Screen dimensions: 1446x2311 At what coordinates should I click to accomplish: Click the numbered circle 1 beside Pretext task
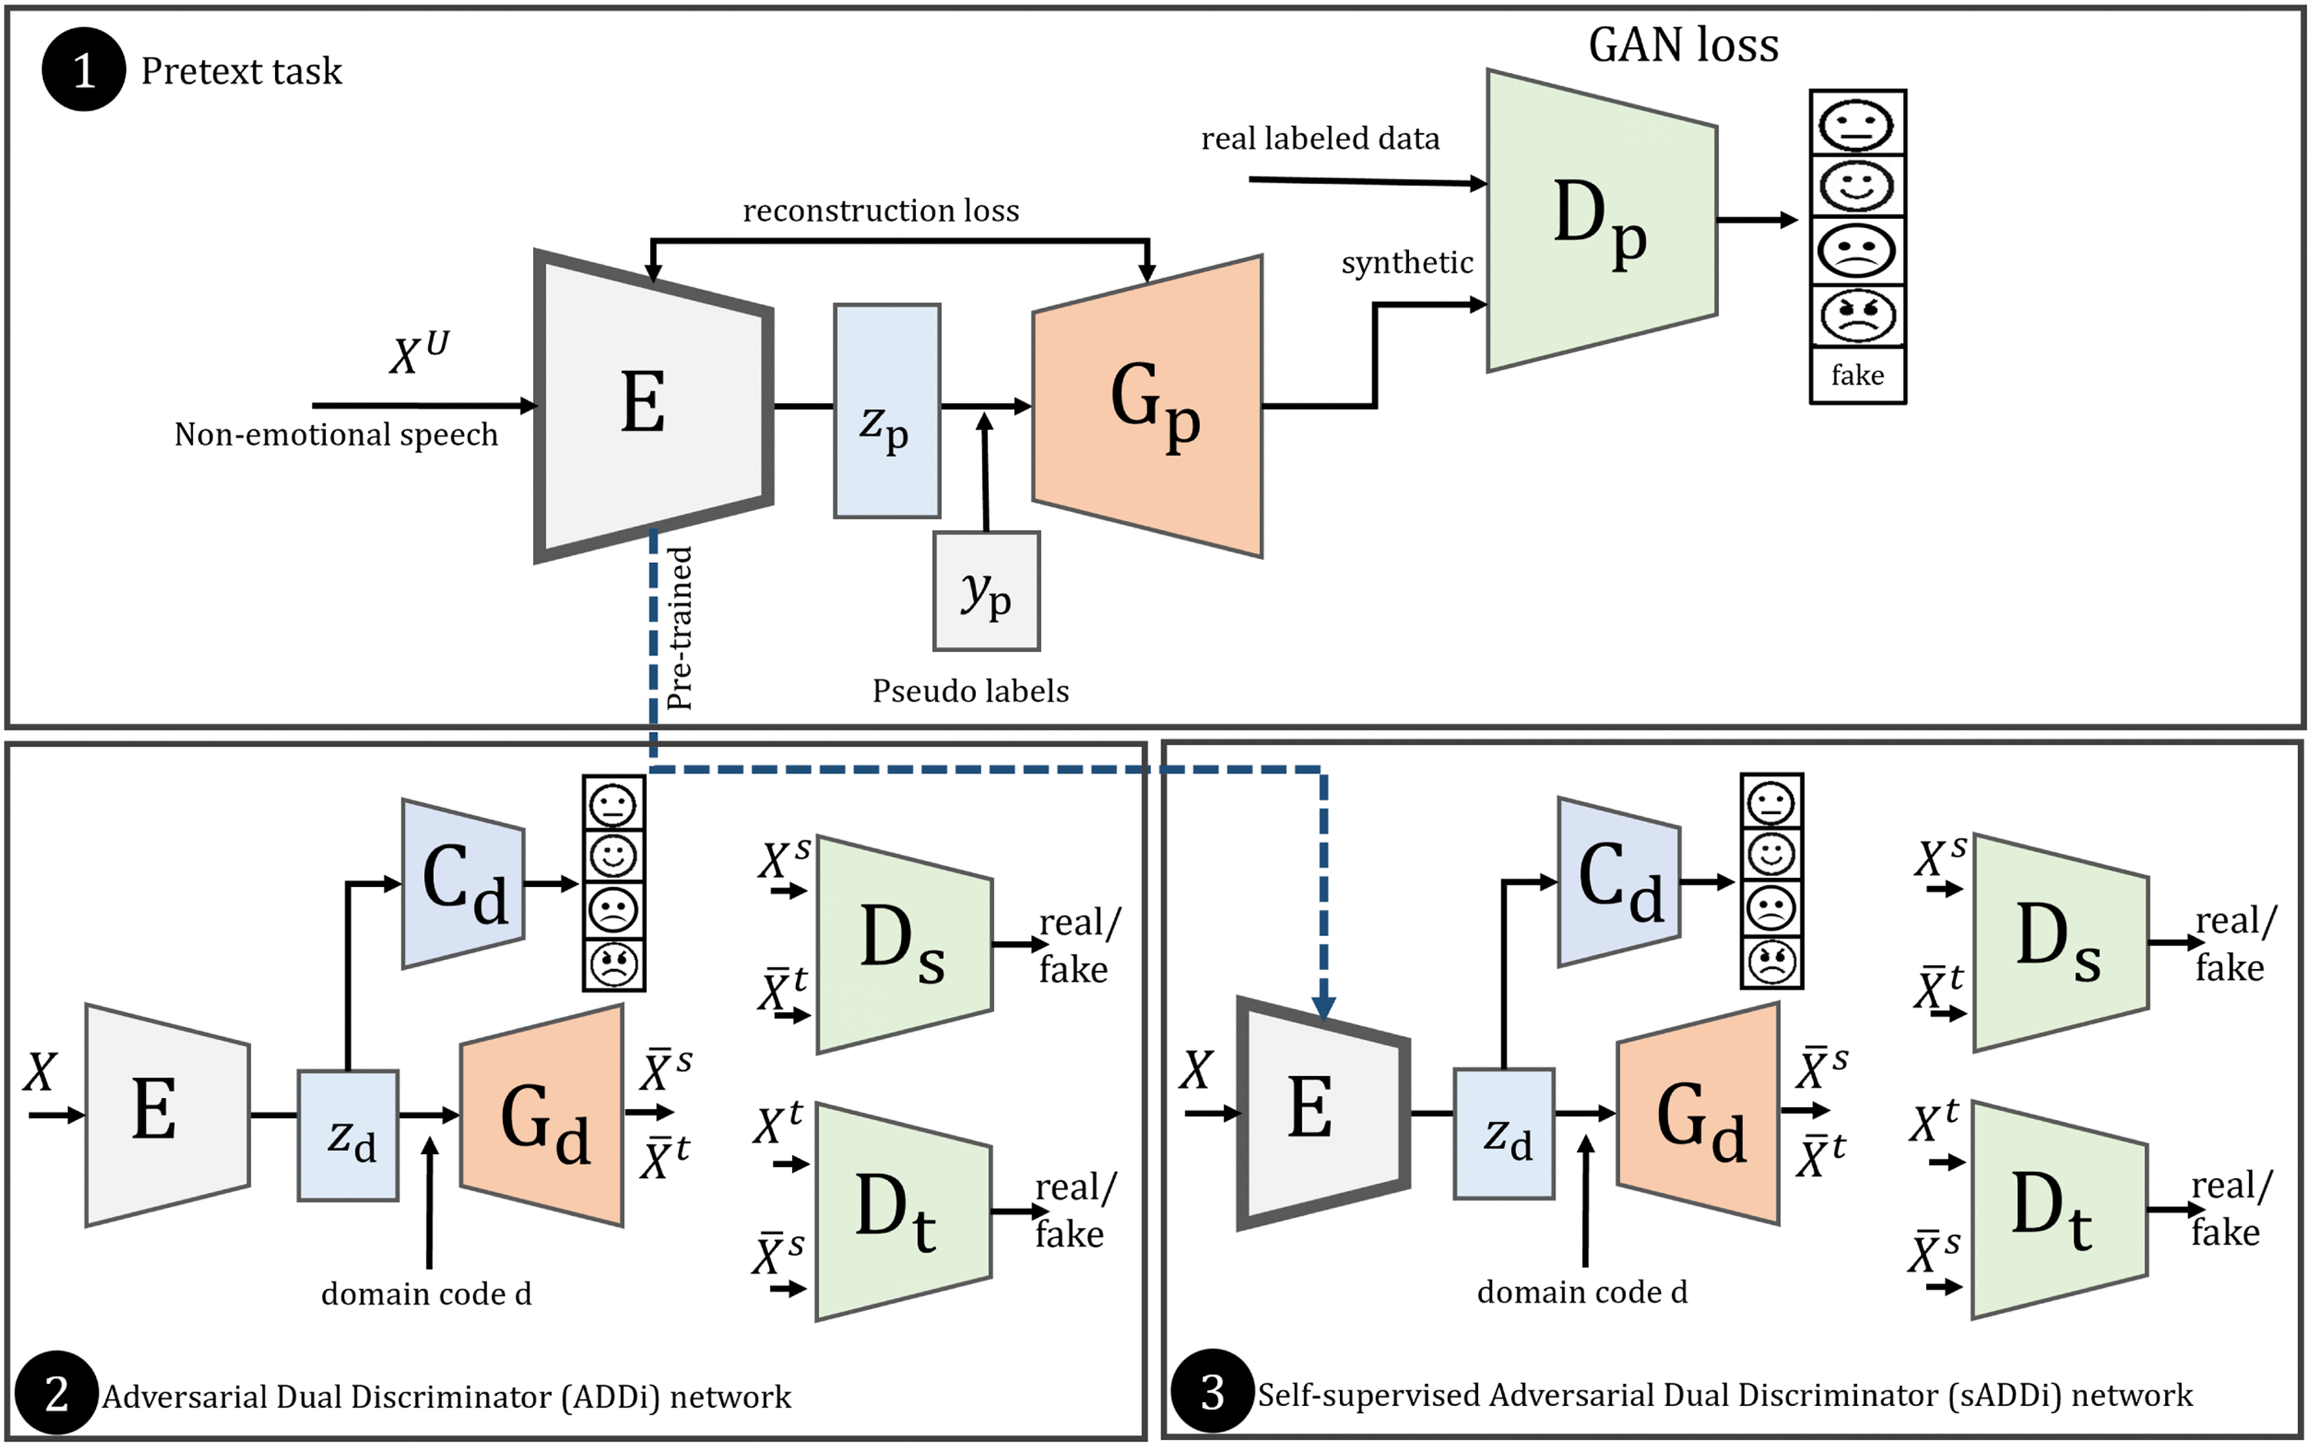(x=83, y=70)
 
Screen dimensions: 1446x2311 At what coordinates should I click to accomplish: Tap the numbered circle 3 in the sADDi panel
(x=1212, y=1391)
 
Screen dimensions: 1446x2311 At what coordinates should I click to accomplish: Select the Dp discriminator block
(x=1600, y=220)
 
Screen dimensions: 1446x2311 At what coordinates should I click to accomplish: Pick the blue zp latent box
(x=887, y=412)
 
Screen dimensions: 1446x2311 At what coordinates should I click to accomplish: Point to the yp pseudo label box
(x=986, y=591)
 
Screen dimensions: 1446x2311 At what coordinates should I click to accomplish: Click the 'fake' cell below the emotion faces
(x=1858, y=375)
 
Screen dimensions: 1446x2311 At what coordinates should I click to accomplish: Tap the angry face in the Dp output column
(x=1858, y=315)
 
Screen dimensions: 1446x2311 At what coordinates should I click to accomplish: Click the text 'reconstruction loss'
(x=881, y=210)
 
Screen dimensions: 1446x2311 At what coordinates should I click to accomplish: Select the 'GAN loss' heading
(x=1683, y=45)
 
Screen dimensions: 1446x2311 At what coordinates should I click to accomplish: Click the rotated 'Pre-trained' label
(x=679, y=627)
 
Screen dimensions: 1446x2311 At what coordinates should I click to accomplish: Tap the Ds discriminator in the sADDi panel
(x=2060, y=942)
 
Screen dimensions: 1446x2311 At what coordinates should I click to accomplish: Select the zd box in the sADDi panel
(x=1504, y=1134)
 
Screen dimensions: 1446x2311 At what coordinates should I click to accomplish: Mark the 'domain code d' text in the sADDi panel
(x=1582, y=1292)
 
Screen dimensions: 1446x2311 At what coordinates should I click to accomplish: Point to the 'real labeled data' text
(x=1320, y=139)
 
